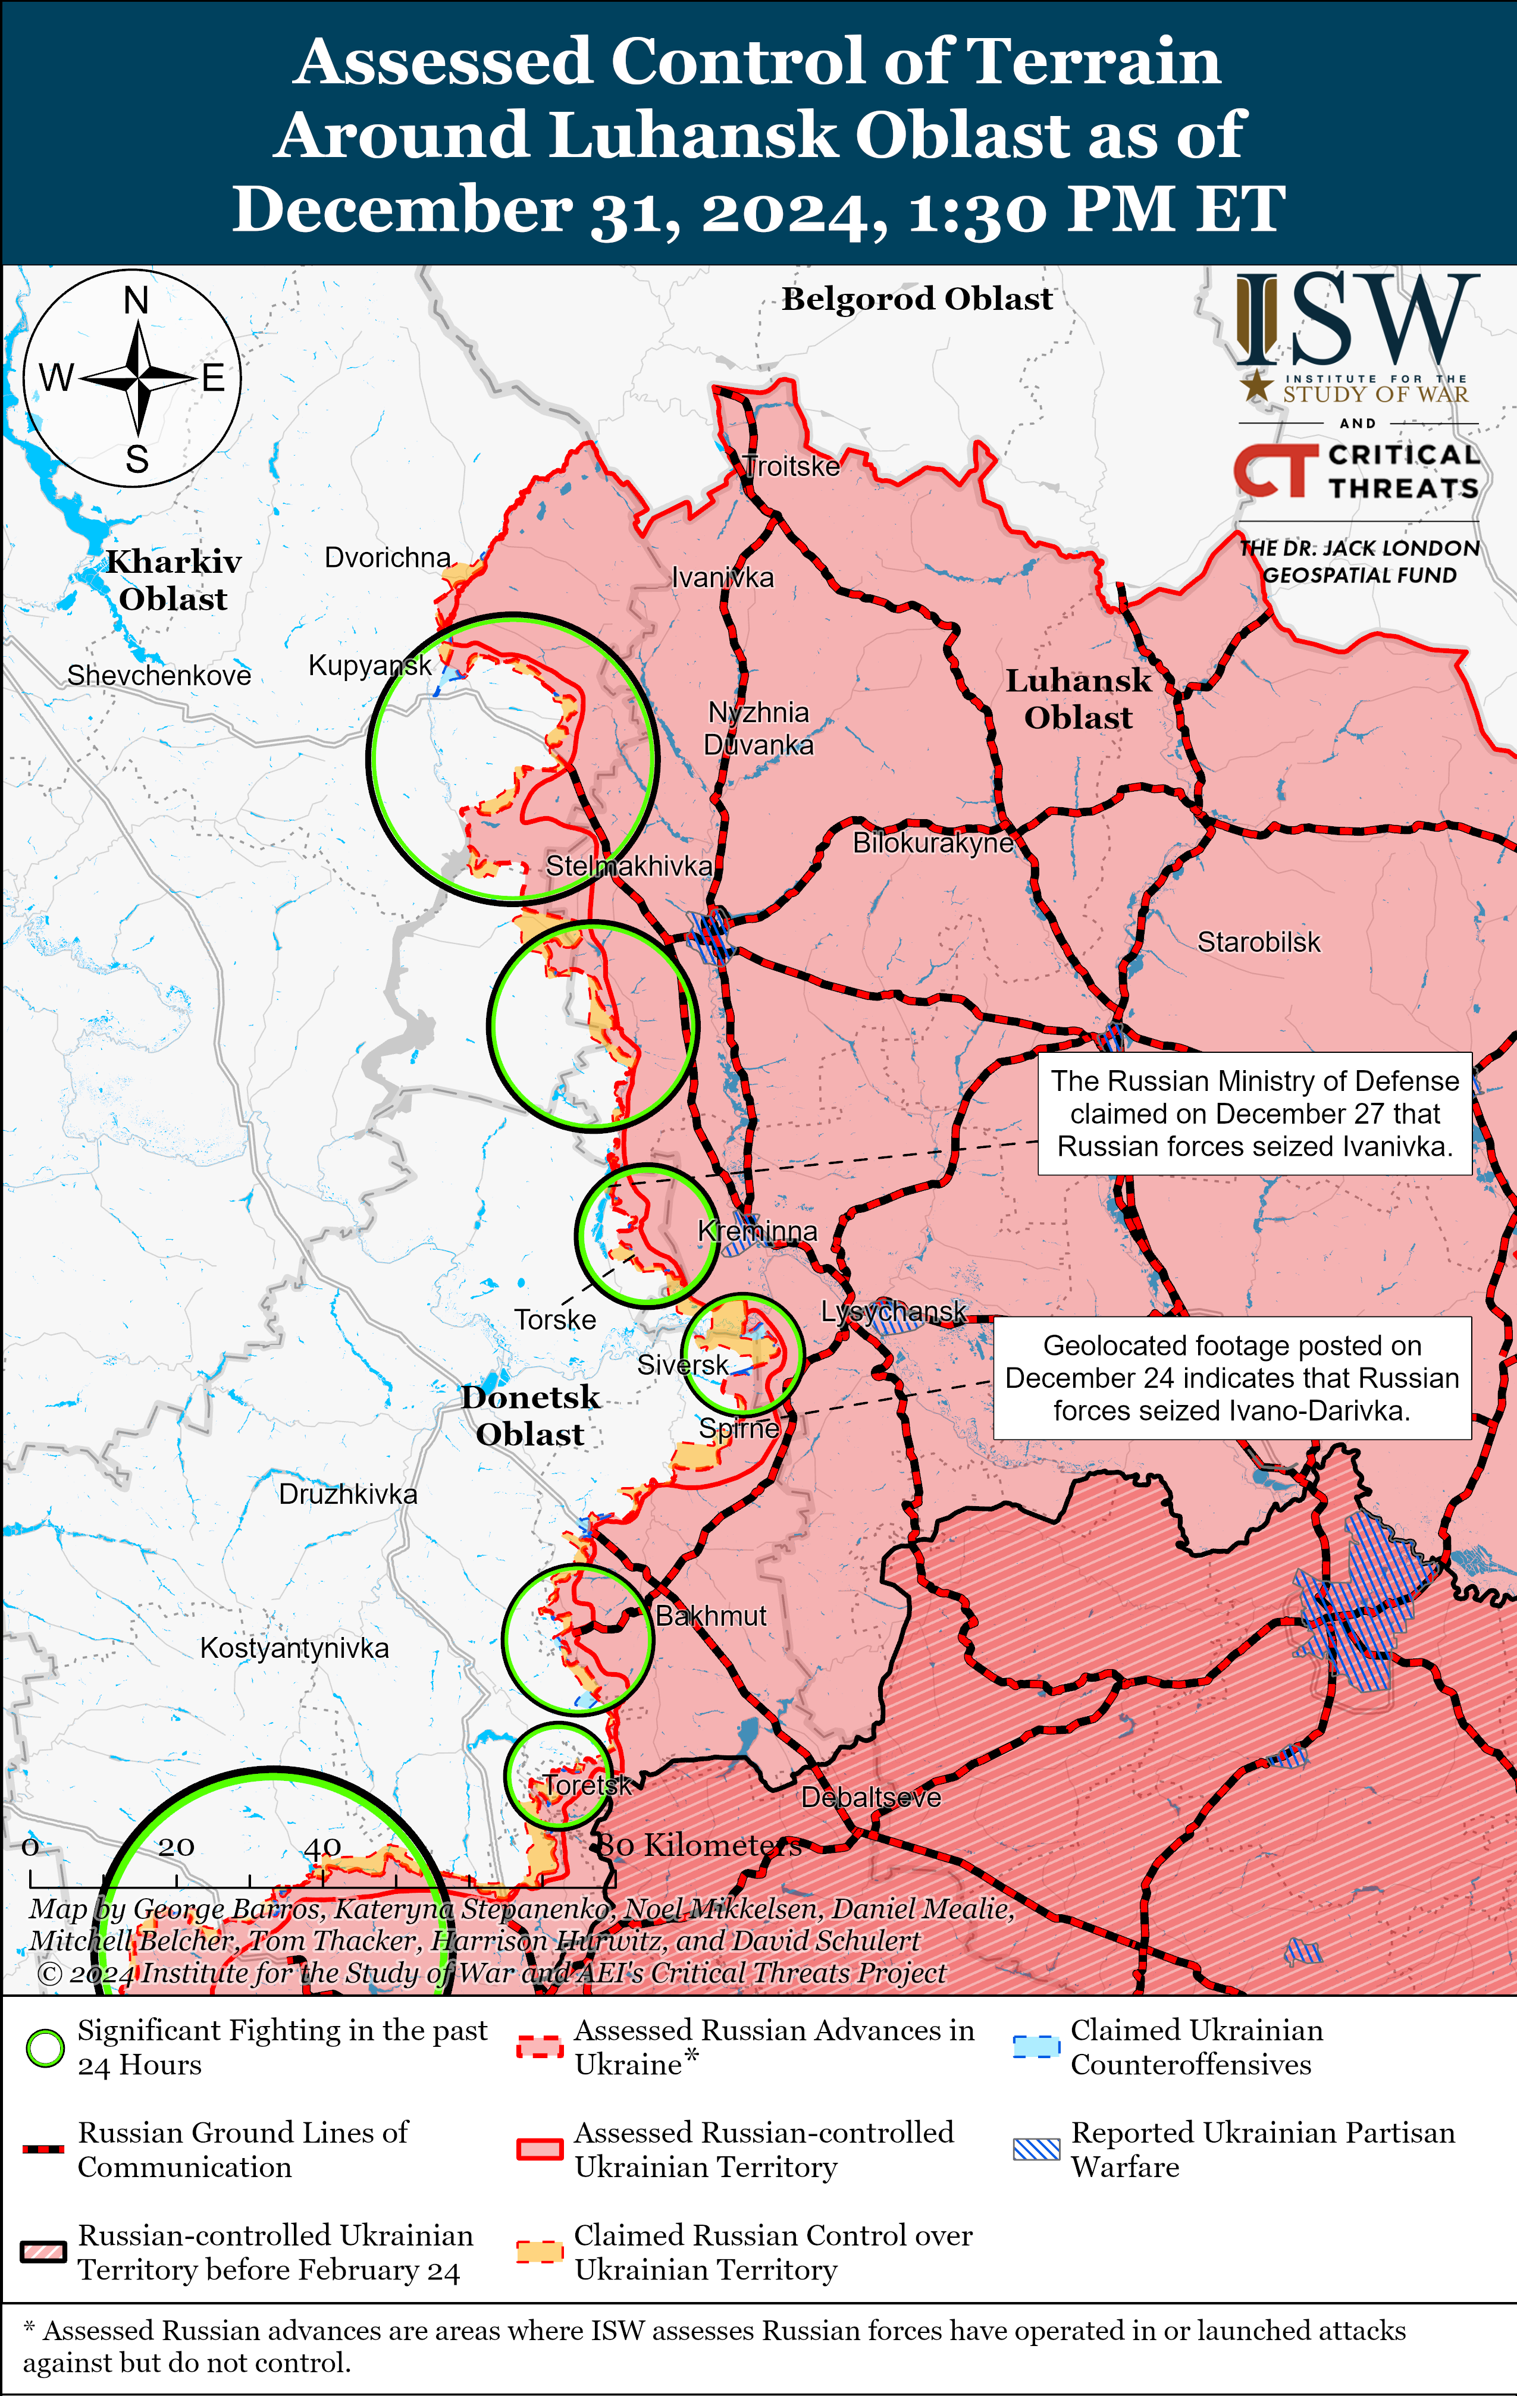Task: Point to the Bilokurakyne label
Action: pos(933,843)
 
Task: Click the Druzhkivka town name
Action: pos(347,1494)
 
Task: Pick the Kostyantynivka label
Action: pos(294,1648)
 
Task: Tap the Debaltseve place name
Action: pos(871,1797)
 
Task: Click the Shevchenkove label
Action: pos(159,676)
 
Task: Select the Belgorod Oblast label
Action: pos(917,299)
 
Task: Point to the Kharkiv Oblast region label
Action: pos(174,580)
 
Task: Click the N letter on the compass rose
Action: pos(136,300)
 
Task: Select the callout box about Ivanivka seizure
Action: pos(1254,1114)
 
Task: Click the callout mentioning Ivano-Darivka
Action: pos(1231,1378)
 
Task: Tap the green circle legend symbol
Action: pos(45,2048)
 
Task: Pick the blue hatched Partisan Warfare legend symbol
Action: pos(1035,2149)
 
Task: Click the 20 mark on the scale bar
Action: pos(176,1848)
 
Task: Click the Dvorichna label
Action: pos(387,557)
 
